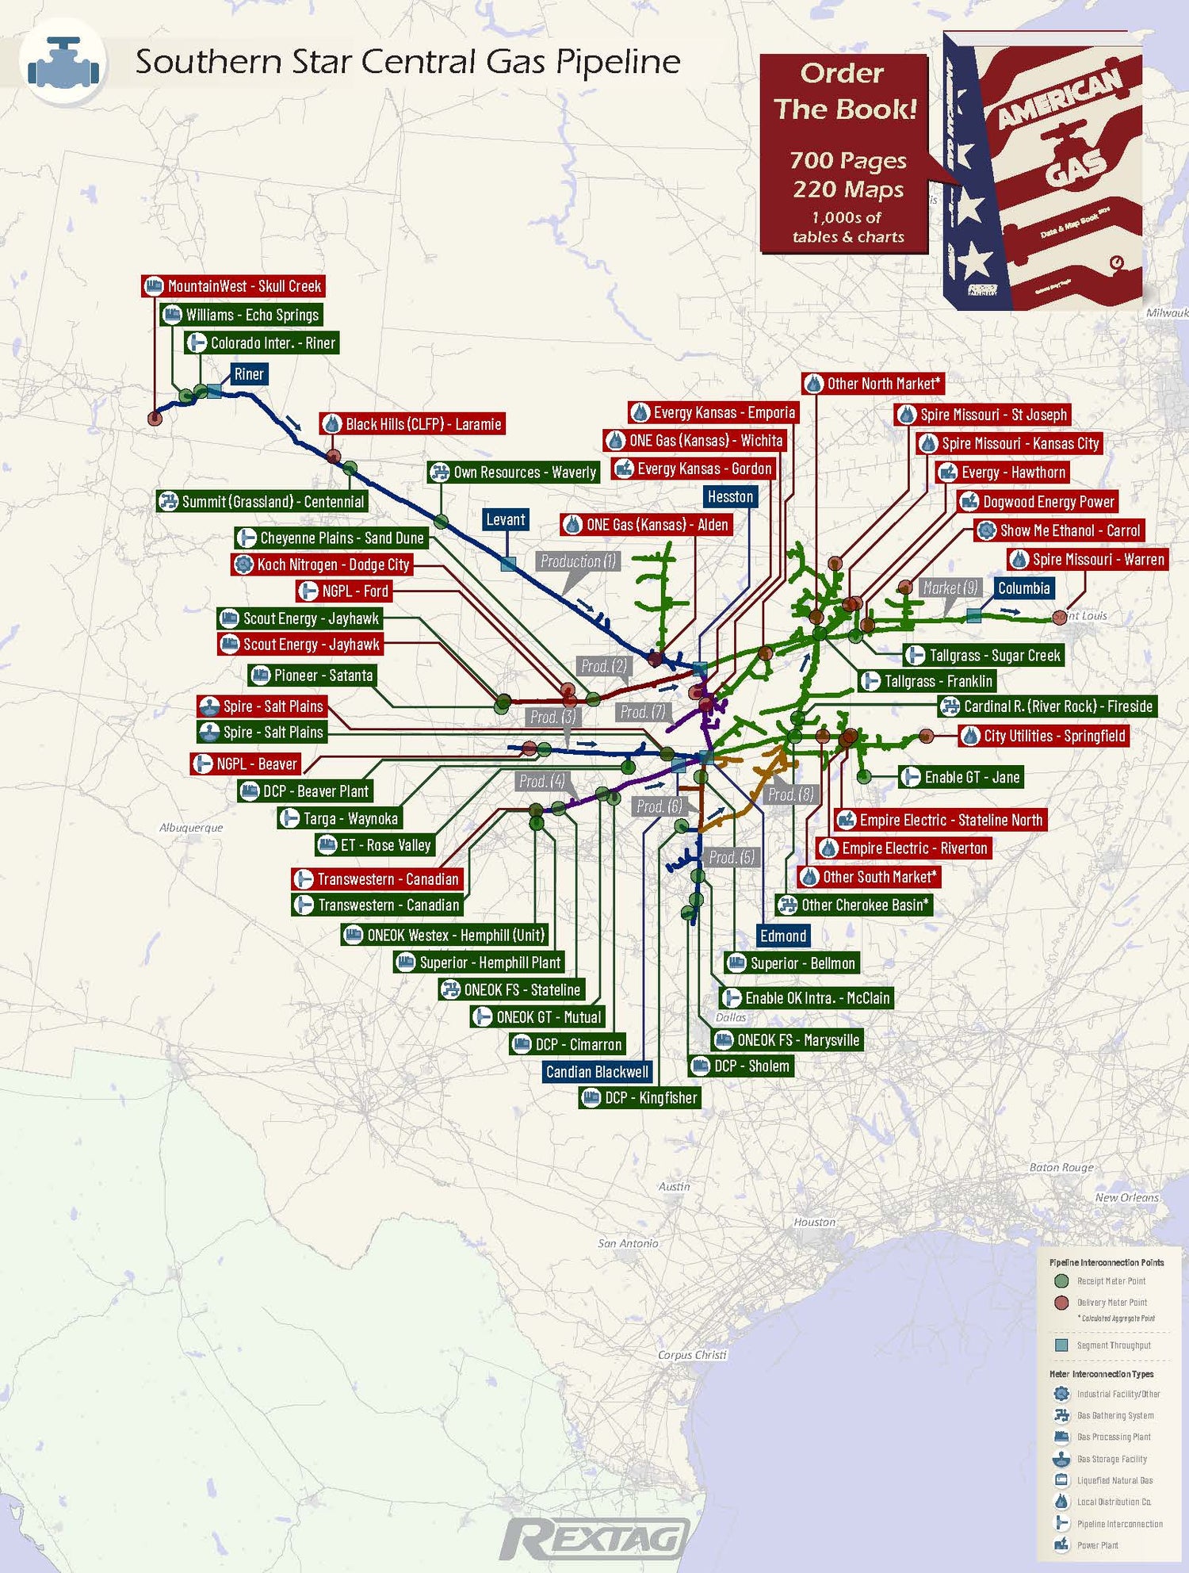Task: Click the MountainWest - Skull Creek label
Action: (x=233, y=286)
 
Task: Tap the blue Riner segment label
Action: (x=248, y=374)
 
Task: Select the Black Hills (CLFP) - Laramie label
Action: (x=413, y=424)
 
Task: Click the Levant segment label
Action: (x=506, y=520)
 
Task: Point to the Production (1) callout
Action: (x=578, y=561)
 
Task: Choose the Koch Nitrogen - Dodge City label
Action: (x=322, y=565)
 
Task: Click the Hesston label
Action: (x=730, y=497)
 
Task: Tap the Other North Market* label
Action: (x=873, y=384)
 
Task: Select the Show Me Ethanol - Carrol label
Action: (x=1059, y=530)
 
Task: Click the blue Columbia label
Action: (x=1023, y=588)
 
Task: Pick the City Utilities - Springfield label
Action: (x=1043, y=736)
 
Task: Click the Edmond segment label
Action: (x=782, y=936)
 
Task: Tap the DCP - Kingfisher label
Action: (x=640, y=1098)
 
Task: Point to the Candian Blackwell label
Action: (x=597, y=1072)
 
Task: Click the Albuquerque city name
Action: (x=191, y=828)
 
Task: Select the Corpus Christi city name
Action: (x=692, y=1355)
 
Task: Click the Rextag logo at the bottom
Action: (x=594, y=1539)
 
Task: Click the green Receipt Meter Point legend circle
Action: (x=1062, y=1281)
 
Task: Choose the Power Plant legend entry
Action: (x=1097, y=1545)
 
